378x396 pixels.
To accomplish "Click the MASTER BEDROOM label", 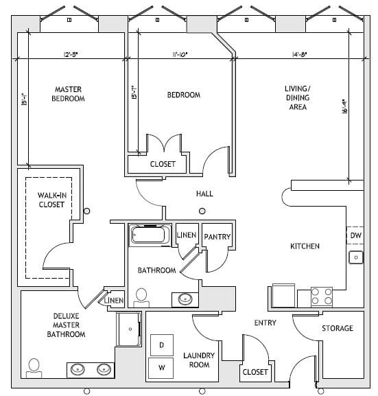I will tap(68, 93).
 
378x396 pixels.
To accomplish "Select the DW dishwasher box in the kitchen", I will tap(355, 235).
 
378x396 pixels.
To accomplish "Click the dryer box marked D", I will tap(161, 345).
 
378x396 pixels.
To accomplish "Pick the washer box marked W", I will tap(161, 367).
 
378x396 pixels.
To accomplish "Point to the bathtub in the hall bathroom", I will tap(150, 236).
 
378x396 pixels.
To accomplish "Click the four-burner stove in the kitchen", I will tap(322, 296).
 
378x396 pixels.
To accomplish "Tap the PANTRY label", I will tap(217, 237).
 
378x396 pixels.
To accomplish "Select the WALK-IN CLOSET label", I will tap(51, 200).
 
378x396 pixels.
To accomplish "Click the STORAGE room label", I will tap(338, 329).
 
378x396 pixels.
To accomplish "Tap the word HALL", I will tap(204, 194).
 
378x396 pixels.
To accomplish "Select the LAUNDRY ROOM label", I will tap(200, 360).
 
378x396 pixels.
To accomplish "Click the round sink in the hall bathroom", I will tap(185, 299).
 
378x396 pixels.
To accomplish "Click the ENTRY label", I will tap(265, 323).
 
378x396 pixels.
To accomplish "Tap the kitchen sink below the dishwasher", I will tap(355, 257).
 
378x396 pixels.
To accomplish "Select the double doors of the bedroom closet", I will tap(163, 145).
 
